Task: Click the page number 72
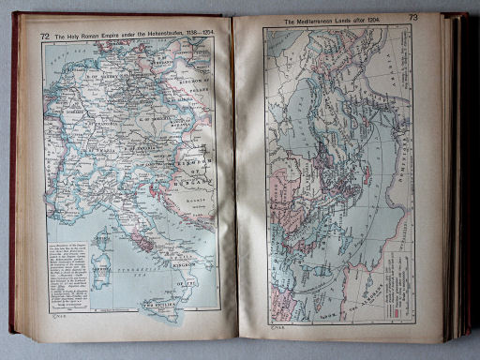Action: coord(45,36)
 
